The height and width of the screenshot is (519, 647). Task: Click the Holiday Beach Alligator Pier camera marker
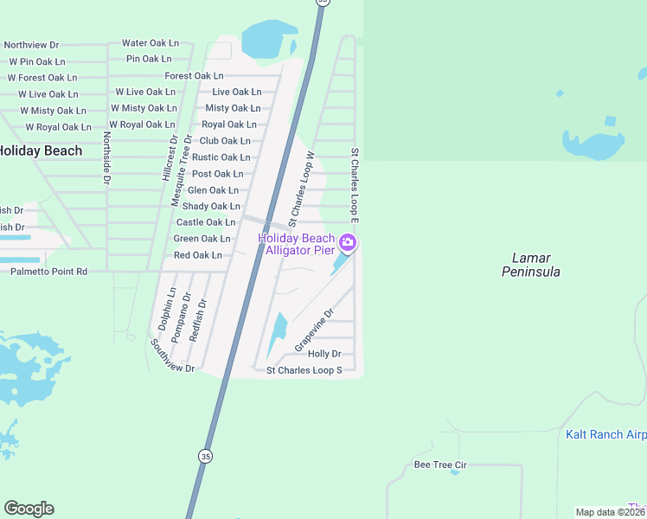[348, 243]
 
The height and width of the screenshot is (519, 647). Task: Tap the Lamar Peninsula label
[531, 265]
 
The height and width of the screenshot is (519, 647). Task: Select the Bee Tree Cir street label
[440, 465]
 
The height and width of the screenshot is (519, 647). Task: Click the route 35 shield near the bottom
[205, 456]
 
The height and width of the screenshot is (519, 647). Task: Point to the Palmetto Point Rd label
[49, 272]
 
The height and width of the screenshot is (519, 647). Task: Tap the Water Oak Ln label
[151, 42]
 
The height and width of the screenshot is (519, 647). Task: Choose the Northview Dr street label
[31, 45]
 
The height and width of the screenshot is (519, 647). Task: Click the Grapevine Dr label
[314, 330]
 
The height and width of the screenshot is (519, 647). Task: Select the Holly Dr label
[324, 354]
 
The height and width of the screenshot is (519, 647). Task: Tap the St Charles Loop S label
[304, 370]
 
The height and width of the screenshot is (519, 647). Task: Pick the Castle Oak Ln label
[206, 222]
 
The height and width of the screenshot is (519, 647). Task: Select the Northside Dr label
[106, 158]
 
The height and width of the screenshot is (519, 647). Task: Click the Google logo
[29, 509]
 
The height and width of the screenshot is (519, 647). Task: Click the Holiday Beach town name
[40, 151]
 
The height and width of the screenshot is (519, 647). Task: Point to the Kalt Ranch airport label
[605, 434]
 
